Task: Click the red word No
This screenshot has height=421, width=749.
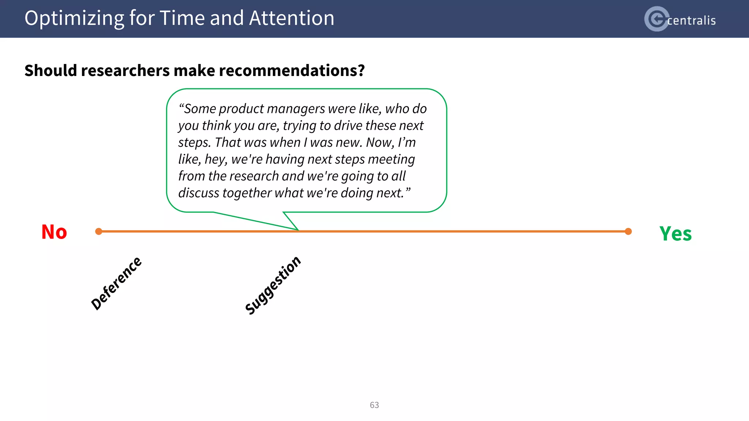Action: tap(54, 232)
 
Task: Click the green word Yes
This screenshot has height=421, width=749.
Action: tap(675, 234)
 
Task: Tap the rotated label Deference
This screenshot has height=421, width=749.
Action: tap(116, 283)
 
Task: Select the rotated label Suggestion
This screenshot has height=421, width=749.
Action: tap(273, 285)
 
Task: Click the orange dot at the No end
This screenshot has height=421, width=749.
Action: tap(98, 231)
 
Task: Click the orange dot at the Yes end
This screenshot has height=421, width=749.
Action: tap(628, 231)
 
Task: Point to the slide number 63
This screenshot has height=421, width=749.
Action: tap(374, 405)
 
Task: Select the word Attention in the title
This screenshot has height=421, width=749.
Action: tap(291, 18)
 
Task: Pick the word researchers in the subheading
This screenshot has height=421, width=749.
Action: tap(125, 71)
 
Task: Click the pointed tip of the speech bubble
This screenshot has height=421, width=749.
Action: tap(298, 230)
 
